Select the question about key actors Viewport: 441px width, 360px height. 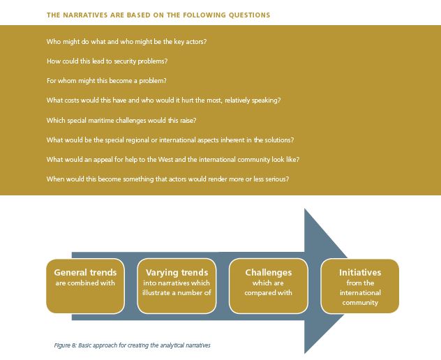pyautogui.click(x=126, y=42)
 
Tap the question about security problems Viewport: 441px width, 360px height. pyautogui.click(x=112, y=61)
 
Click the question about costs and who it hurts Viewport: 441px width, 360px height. pyautogui.click(x=163, y=100)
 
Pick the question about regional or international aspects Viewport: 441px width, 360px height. pyautogui.click(x=170, y=140)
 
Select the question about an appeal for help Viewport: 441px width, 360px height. pyautogui.click(x=172, y=159)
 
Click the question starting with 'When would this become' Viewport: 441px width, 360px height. pyautogui.click(x=167, y=179)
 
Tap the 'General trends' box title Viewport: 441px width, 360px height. pyautogui.click(x=85, y=273)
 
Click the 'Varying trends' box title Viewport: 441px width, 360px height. pyautogui.click(x=177, y=273)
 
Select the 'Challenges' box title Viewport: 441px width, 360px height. pyautogui.click(x=268, y=273)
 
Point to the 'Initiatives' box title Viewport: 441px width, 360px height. pyautogui.click(x=359, y=273)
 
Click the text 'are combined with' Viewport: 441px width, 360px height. pyautogui.click(x=85, y=283)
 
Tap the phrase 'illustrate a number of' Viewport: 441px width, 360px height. pyautogui.click(x=177, y=293)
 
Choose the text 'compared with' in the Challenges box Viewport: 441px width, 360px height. pyautogui.click(x=268, y=293)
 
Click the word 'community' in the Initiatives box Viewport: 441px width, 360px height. pyautogui.click(x=359, y=303)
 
